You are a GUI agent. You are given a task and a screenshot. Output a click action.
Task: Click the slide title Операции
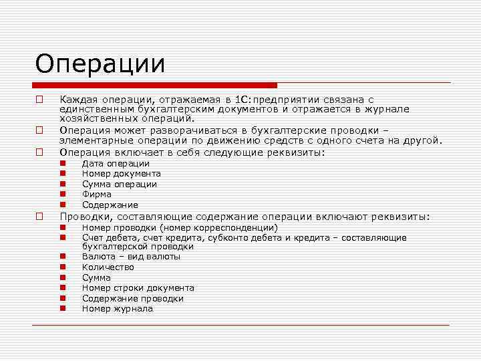tap(100, 64)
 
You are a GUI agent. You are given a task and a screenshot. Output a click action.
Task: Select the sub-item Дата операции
tap(116, 164)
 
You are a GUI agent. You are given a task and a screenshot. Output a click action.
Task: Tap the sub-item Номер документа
tap(121, 174)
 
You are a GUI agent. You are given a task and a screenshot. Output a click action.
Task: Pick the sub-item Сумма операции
tap(119, 185)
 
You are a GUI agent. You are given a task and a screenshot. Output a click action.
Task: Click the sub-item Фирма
tap(96, 195)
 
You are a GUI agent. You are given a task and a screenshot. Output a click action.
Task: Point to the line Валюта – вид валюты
tap(131, 257)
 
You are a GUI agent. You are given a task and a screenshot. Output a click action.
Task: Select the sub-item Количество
tap(108, 267)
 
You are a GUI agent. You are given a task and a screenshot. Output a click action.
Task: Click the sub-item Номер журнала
tap(117, 309)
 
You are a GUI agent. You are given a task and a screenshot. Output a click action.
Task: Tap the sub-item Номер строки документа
tap(138, 288)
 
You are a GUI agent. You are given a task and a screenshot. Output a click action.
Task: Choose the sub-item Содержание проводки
tap(132, 299)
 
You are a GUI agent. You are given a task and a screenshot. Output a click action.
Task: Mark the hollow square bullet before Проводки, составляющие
tap(40, 216)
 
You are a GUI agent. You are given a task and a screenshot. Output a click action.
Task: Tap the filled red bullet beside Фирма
tap(63, 195)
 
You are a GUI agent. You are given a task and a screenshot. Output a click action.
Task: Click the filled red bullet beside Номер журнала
tap(63, 309)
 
